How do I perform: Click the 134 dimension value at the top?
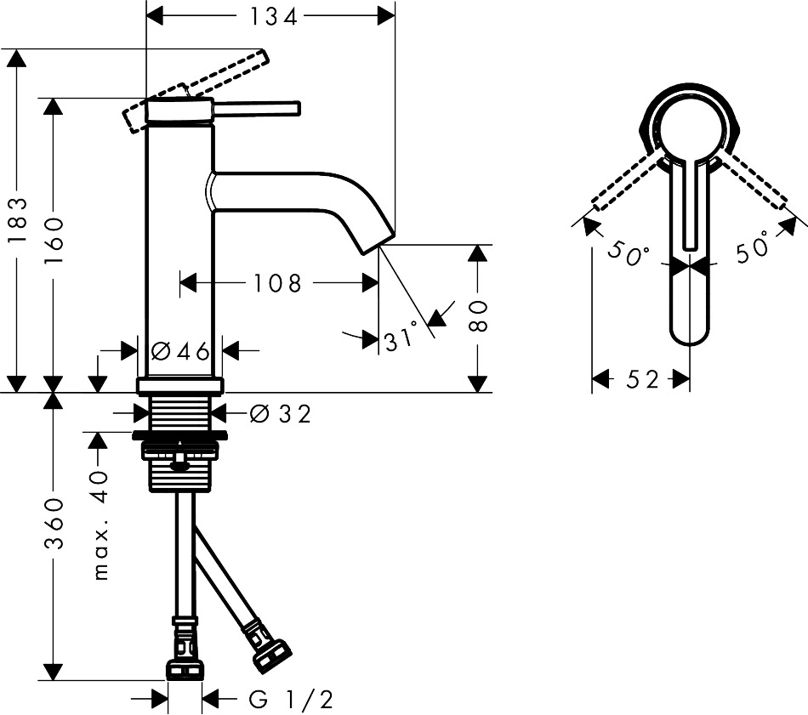274,17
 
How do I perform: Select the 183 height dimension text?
17,220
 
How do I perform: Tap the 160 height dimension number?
53,241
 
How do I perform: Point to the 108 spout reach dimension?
277,283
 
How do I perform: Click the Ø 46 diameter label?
181,352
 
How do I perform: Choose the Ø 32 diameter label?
281,414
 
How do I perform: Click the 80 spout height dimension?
478,315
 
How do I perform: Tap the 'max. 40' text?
101,525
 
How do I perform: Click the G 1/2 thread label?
291,700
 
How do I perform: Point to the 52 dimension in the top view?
643,380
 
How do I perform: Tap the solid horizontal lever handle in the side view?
256,109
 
